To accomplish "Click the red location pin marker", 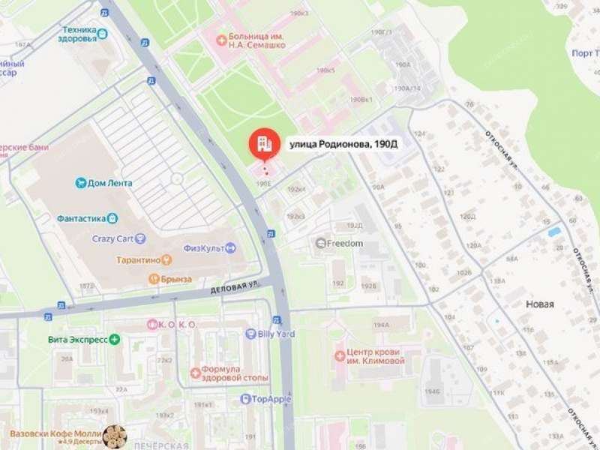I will pyautogui.click(x=263, y=144).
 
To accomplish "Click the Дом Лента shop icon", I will pyautogui.click(x=81, y=183).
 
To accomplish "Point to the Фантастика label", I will pyautogui.click(x=80, y=219).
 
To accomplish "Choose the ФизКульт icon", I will pyautogui.click(x=230, y=248).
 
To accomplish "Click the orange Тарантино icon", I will pyautogui.click(x=166, y=259).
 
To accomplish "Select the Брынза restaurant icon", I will pyautogui.click(x=153, y=279).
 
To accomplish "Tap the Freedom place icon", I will pyautogui.click(x=321, y=243).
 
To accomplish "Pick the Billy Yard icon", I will pyautogui.click(x=250, y=334).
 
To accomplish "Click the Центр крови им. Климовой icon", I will pyautogui.click(x=340, y=355).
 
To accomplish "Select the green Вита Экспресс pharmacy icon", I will pyautogui.click(x=114, y=339).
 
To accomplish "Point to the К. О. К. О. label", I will pyautogui.click(x=177, y=325).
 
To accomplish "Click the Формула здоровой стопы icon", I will pyautogui.click(x=196, y=372).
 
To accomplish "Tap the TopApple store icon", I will pyautogui.click(x=244, y=399).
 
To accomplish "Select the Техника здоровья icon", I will pyautogui.click(x=102, y=33).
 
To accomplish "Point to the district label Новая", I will pyautogui.click(x=540, y=304).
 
